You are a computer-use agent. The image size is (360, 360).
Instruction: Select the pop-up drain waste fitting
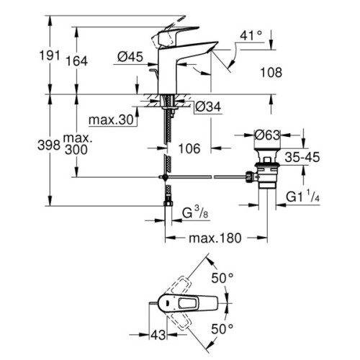coord(268,173)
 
